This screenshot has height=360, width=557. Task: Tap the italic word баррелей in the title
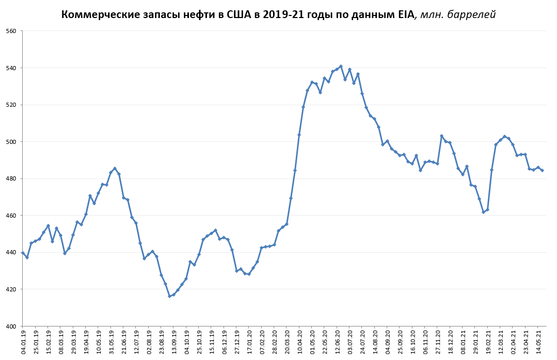click(471, 14)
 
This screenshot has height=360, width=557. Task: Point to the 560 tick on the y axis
click(11, 31)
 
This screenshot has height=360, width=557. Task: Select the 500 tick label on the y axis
click(11, 142)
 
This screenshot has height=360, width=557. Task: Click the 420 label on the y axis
click(11, 289)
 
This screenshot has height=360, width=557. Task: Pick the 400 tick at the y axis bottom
click(11, 326)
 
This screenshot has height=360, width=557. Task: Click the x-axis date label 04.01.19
click(23, 342)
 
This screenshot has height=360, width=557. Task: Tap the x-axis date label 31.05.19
click(111, 342)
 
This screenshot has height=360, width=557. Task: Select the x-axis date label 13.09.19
click(174, 342)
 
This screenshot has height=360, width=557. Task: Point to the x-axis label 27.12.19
click(237, 342)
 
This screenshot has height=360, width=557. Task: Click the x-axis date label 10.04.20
click(299, 342)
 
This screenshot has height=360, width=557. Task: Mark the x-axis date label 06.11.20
click(425, 342)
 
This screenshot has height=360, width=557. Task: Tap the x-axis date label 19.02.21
click(488, 342)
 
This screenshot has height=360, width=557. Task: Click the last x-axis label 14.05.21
click(538, 342)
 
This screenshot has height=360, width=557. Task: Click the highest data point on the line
click(341, 66)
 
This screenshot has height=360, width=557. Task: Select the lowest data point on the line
click(169, 296)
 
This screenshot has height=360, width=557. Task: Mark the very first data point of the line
click(23, 253)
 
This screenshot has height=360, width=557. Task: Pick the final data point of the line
click(542, 170)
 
